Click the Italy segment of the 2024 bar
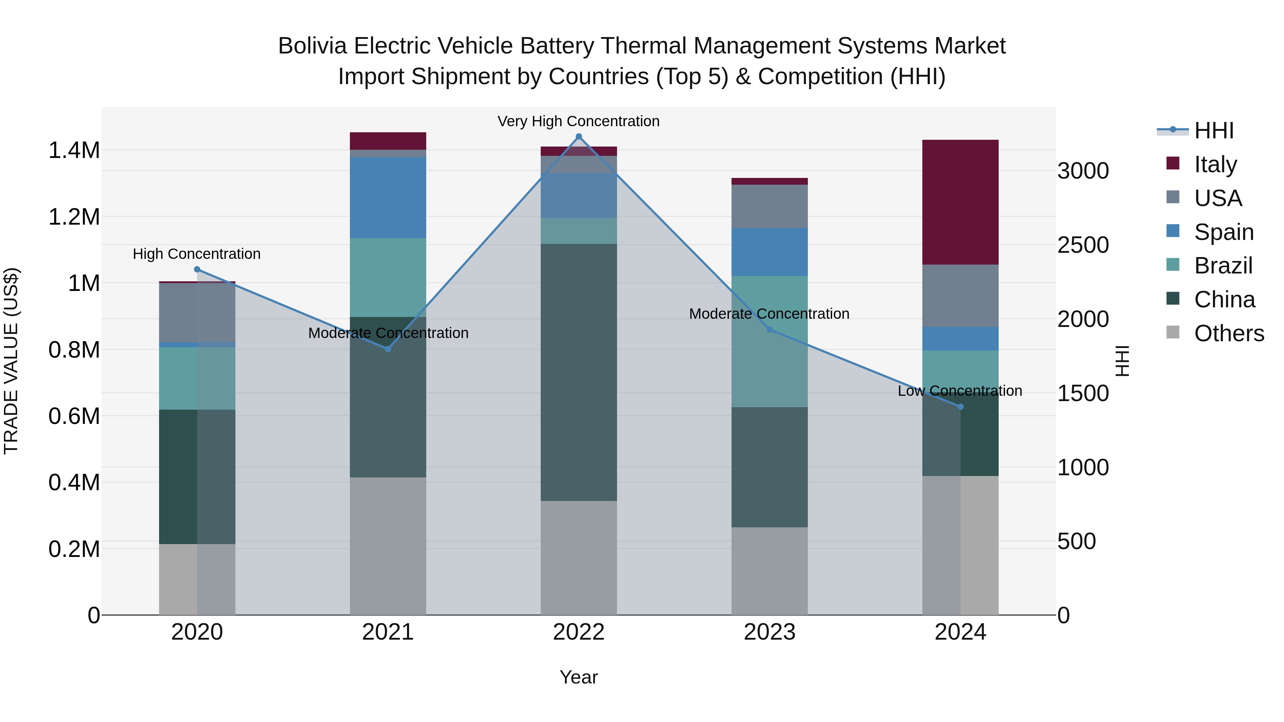tap(960, 202)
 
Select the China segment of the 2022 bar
tap(579, 372)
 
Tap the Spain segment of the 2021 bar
tap(388, 197)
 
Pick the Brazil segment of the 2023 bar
tap(769, 341)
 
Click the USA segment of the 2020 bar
tap(197, 312)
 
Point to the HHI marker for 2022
tap(579, 137)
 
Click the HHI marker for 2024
tap(961, 406)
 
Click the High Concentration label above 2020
tap(197, 254)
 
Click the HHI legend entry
tap(1214, 130)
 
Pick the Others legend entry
tap(1229, 333)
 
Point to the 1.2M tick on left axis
tap(74, 217)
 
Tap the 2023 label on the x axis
tap(769, 632)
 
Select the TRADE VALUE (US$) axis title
tap(11, 361)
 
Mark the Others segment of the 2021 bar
tap(388, 546)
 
